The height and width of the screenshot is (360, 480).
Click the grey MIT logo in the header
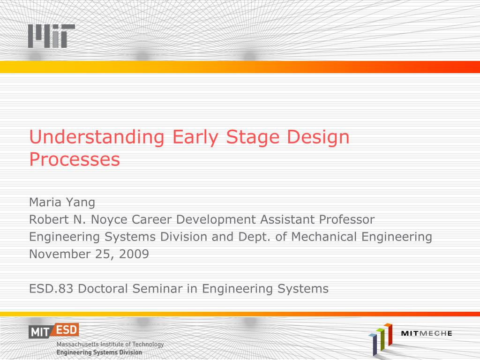coord(52,36)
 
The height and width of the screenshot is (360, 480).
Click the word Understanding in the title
coord(97,137)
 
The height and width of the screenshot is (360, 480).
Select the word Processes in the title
coord(75,159)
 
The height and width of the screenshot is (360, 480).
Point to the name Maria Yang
coord(62,202)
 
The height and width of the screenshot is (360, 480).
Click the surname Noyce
coord(109,220)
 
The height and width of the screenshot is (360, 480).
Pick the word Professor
coord(346,219)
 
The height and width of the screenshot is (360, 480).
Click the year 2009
coord(134,254)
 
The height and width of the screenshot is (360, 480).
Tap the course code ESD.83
coord(51,289)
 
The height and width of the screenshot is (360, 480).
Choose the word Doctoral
coord(103,289)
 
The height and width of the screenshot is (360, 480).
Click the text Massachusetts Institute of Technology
coord(110,345)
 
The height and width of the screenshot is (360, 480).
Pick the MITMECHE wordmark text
coord(427,333)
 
